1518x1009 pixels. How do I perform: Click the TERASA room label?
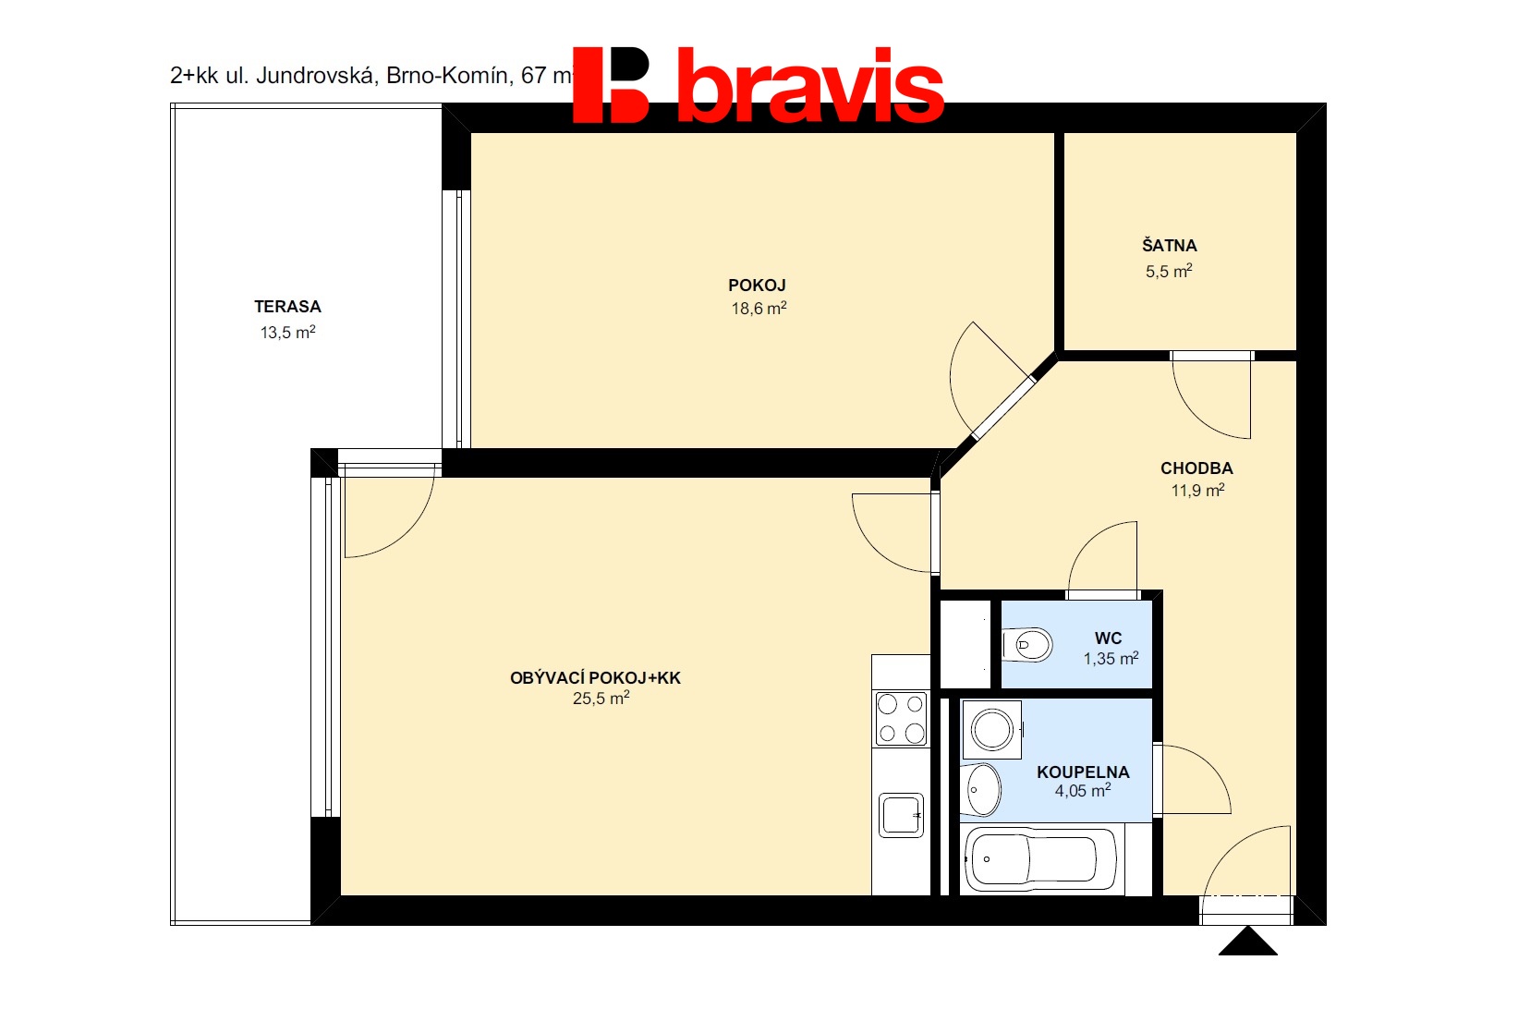point(287,307)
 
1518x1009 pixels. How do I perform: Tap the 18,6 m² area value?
point(759,309)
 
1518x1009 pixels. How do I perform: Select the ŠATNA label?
point(1169,245)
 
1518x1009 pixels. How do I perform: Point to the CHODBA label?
point(1196,468)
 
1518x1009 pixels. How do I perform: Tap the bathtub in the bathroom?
point(1039,859)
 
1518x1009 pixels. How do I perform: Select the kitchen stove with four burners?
point(901,718)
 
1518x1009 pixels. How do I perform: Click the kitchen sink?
point(902,815)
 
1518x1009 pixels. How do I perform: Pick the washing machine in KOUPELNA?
point(992,730)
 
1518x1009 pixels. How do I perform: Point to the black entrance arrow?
point(1247,942)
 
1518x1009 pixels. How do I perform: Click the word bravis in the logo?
point(810,85)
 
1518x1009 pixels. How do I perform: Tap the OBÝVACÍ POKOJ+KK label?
point(595,678)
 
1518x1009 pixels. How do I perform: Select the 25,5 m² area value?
point(601,698)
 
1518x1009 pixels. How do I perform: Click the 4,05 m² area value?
point(1082,790)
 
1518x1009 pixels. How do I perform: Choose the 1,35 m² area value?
point(1111,659)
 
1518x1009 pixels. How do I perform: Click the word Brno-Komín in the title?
point(446,76)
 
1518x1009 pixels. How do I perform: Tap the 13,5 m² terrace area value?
point(288,333)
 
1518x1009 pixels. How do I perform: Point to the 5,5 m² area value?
point(1169,272)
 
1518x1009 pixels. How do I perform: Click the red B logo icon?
point(611,85)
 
